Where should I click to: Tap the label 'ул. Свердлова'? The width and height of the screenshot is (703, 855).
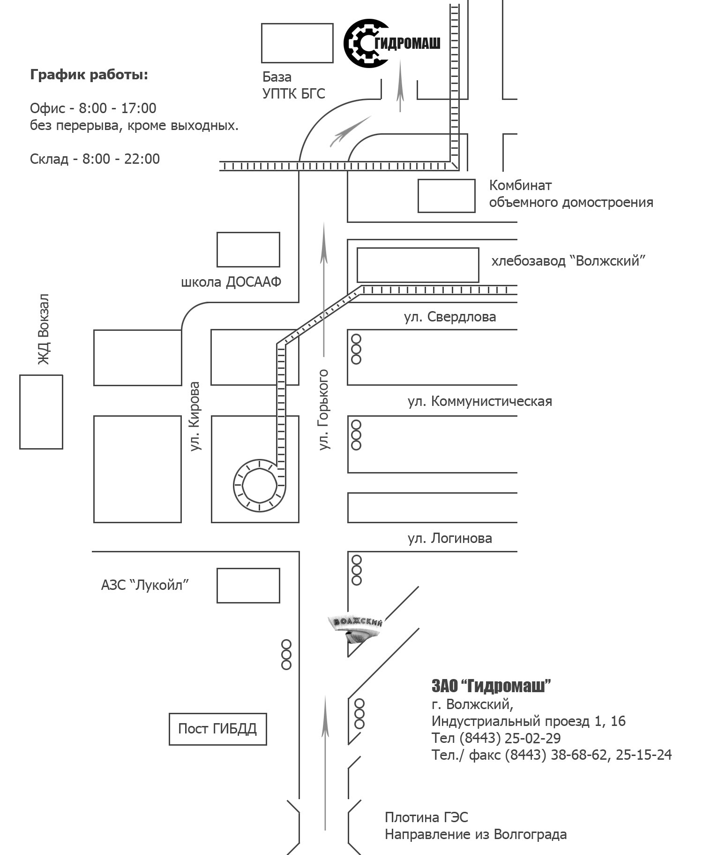pyautogui.click(x=450, y=317)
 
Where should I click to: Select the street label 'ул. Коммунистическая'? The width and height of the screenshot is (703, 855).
pyautogui.click(x=480, y=402)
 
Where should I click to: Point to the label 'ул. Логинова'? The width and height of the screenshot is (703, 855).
pyautogui.click(x=450, y=538)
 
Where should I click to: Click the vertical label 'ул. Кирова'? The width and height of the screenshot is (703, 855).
pyautogui.click(x=195, y=416)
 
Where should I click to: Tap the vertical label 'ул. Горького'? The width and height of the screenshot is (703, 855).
pyautogui.click(x=324, y=410)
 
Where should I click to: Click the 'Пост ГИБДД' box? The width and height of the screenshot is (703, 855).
pyautogui.click(x=218, y=729)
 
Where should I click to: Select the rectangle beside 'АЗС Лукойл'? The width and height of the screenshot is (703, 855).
pyautogui.click(x=248, y=586)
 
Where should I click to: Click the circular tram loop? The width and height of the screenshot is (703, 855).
pyautogui.click(x=260, y=485)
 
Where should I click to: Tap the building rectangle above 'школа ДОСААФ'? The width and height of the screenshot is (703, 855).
pyautogui.click(x=248, y=250)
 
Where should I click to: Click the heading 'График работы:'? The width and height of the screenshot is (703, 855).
pyautogui.click(x=89, y=75)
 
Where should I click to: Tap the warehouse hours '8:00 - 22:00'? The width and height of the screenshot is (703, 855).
pyautogui.click(x=121, y=159)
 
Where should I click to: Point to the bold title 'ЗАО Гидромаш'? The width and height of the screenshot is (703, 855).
pyautogui.click(x=491, y=686)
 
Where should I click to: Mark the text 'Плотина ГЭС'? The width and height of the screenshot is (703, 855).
pyautogui.click(x=426, y=817)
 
